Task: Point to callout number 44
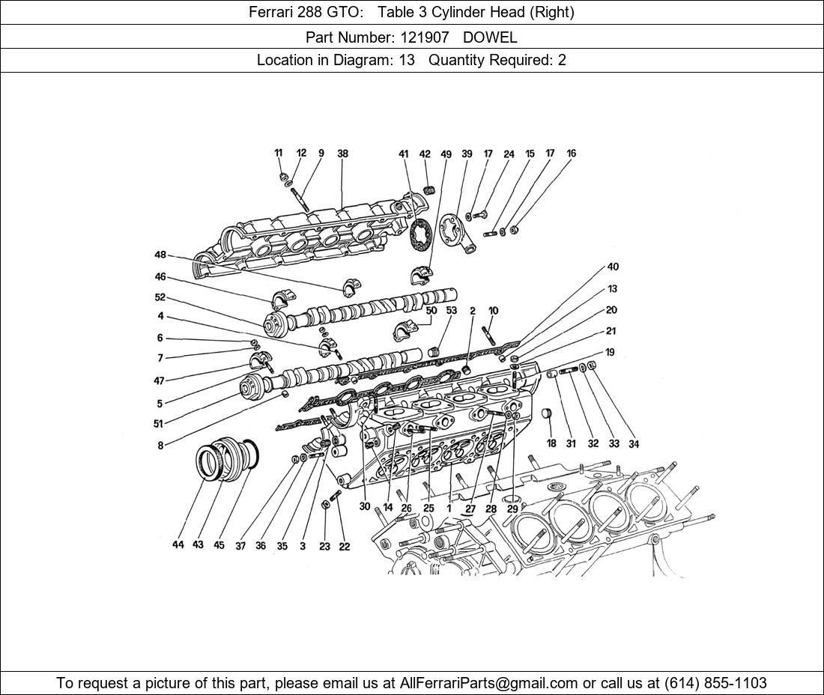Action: point(178,544)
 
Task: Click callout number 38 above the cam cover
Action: point(342,154)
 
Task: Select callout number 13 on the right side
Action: point(612,289)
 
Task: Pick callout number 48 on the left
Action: point(160,255)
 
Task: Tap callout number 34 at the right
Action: point(634,443)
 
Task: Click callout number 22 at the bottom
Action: point(344,546)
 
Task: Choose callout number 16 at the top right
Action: point(571,154)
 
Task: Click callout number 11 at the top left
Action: point(279,154)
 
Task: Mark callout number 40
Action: point(613,267)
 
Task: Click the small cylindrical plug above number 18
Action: point(546,413)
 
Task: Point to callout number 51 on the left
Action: point(158,424)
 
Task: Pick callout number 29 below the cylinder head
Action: point(512,509)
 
